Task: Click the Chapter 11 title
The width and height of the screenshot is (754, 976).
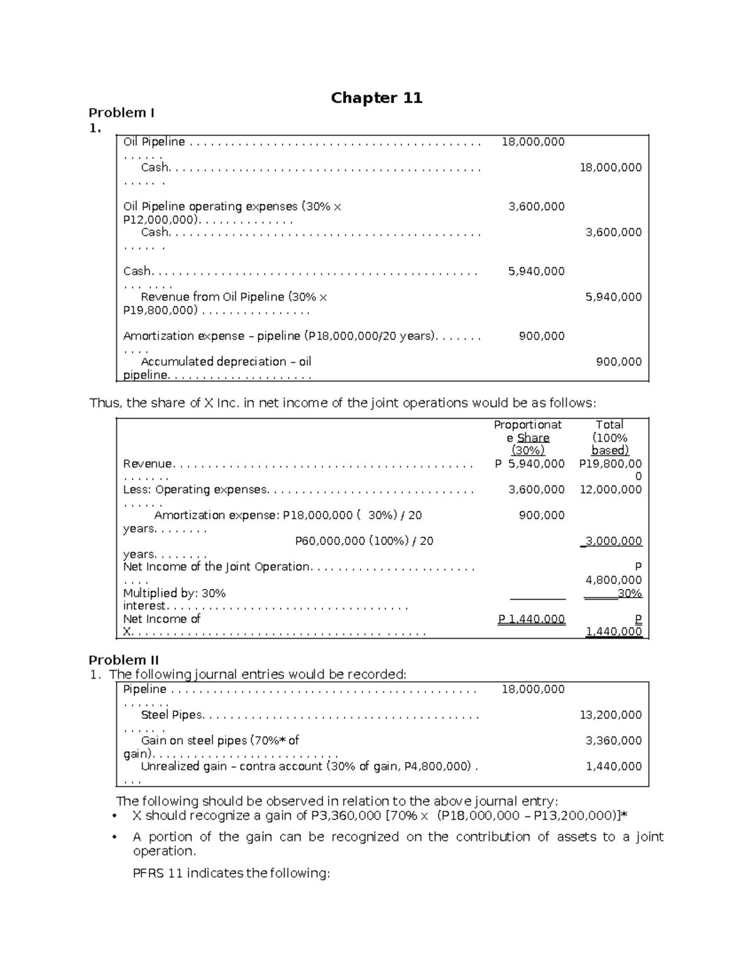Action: point(376,98)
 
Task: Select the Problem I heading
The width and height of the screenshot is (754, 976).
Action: point(121,113)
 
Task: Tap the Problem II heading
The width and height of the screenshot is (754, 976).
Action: point(124,660)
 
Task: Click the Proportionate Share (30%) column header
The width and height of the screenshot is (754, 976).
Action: point(528,437)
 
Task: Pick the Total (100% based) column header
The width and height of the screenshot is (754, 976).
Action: point(609,437)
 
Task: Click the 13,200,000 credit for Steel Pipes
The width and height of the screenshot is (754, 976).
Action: point(610,715)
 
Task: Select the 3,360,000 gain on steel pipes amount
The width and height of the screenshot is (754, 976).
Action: point(613,741)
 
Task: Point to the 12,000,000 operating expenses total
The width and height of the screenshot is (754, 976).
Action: point(610,490)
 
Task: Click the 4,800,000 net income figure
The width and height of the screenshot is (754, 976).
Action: point(613,580)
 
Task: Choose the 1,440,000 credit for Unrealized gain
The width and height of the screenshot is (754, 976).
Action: point(613,767)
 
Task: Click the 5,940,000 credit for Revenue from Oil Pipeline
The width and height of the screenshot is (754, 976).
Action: point(613,297)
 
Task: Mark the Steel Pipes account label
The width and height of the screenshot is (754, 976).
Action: point(172,715)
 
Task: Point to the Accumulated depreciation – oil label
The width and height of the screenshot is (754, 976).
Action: point(226,362)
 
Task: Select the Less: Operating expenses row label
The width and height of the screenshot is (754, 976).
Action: point(195,490)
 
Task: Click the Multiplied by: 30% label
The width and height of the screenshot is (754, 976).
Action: point(174,593)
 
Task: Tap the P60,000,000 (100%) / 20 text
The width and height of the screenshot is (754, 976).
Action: point(364,541)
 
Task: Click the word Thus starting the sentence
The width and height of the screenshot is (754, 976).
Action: point(105,403)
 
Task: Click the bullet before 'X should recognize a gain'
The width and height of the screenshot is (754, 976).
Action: point(114,816)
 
